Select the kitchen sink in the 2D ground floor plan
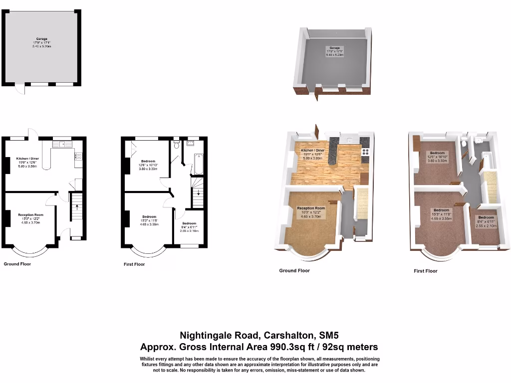pos(64,145)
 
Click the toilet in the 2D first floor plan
pos(177,145)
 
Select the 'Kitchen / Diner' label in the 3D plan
pos(313,150)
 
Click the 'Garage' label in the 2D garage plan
pos(41,38)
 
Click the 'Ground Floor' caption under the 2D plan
pos(17,264)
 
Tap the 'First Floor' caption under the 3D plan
pos(426,271)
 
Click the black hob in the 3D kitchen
pos(365,152)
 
